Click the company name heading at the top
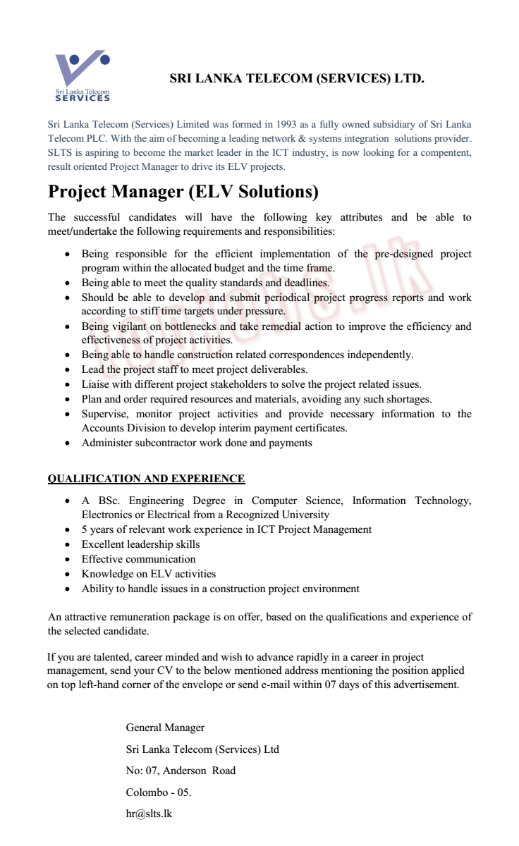297,79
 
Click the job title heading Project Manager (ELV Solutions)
183,192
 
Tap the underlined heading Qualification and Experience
146,479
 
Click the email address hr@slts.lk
149,813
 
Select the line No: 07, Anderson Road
181,771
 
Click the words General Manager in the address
165,728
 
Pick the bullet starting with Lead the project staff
195,369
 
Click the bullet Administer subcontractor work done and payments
197,443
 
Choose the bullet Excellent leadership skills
140,544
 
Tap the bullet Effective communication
138,559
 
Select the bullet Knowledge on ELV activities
149,574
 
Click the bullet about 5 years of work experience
226,529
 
